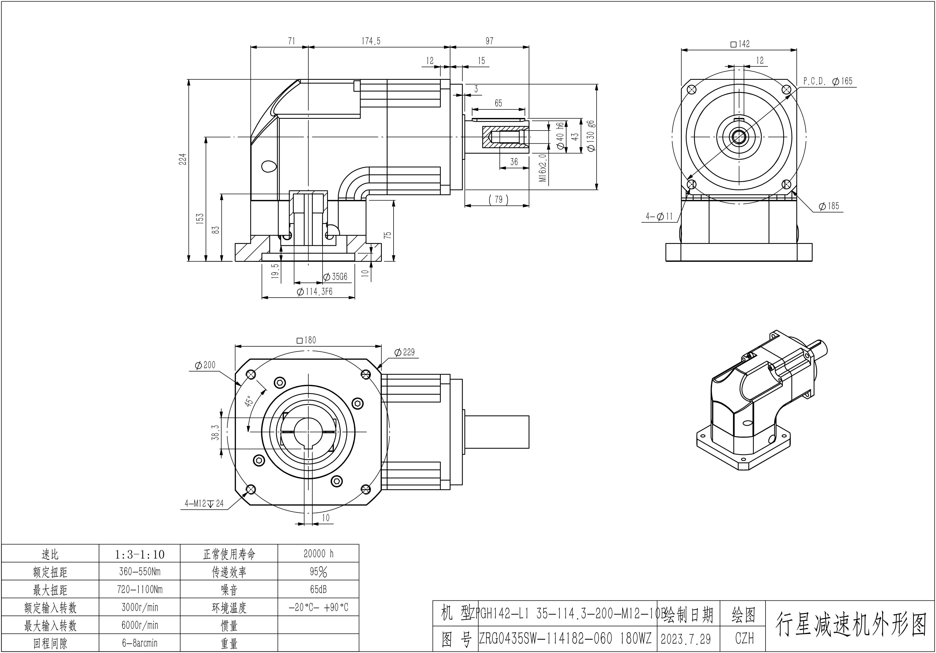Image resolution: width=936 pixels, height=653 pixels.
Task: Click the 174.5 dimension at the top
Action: (x=371, y=41)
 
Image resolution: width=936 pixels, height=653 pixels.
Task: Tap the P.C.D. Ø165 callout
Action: (x=828, y=81)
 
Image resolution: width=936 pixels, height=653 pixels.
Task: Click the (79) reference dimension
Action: (x=498, y=200)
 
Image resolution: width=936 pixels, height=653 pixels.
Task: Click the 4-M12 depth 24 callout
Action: (x=204, y=504)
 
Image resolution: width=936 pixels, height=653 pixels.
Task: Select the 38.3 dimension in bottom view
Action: (x=216, y=433)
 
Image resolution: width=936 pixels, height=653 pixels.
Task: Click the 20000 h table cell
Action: (x=318, y=553)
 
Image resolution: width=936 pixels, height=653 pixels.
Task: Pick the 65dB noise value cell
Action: (x=318, y=589)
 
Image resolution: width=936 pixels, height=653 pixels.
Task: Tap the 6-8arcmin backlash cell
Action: (x=140, y=643)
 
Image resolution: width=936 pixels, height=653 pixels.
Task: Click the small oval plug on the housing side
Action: (x=269, y=166)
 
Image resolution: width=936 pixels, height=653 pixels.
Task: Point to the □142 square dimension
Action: (x=740, y=44)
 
